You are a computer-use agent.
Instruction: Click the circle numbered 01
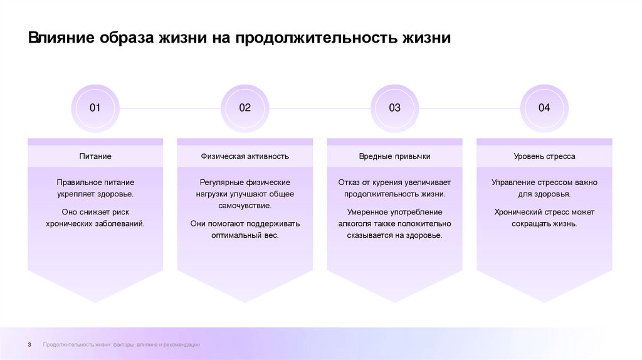95,108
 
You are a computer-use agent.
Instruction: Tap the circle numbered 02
245,108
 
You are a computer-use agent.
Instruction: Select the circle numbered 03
394,108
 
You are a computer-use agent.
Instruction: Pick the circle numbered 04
544,108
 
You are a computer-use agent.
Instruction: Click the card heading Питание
95,156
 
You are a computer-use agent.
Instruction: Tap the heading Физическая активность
245,156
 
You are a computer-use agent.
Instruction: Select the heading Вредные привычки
394,156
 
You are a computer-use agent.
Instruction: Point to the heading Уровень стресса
544,156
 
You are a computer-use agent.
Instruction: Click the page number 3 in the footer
29,345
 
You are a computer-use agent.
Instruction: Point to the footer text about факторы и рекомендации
122,345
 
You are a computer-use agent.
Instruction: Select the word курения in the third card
385,183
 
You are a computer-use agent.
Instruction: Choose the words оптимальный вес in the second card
245,236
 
